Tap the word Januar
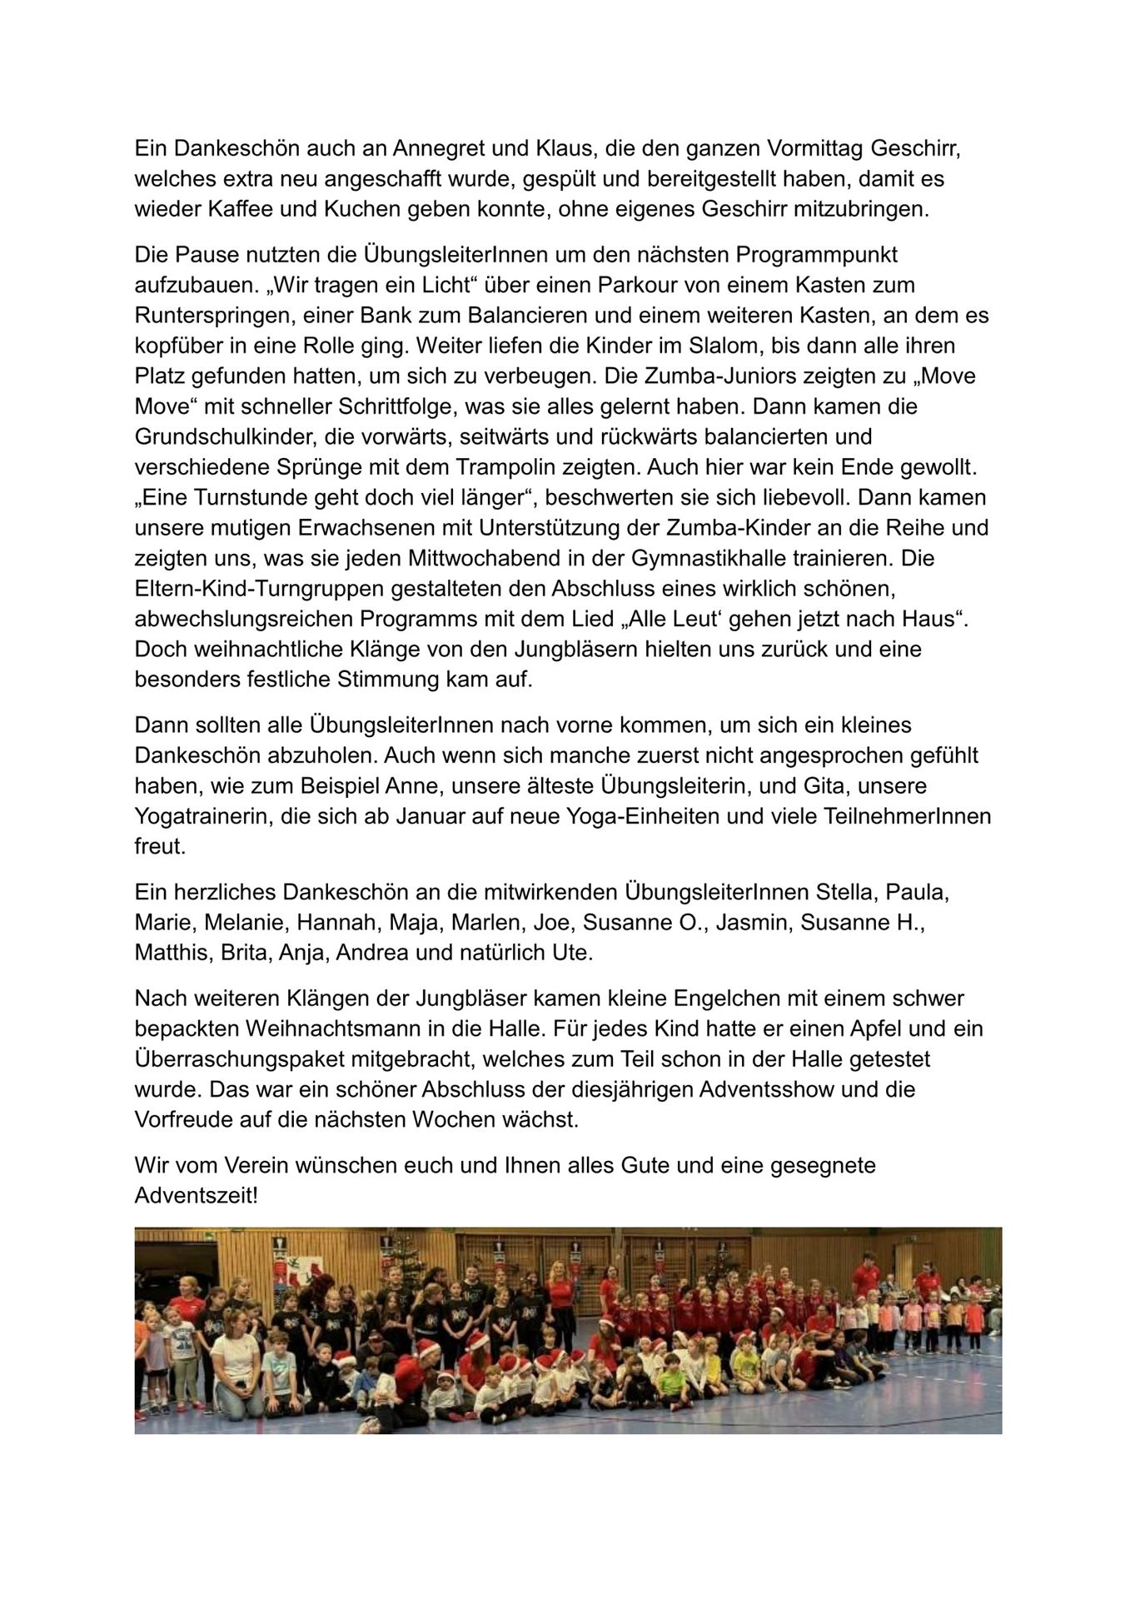tap(432, 816)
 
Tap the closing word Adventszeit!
tap(197, 1196)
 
